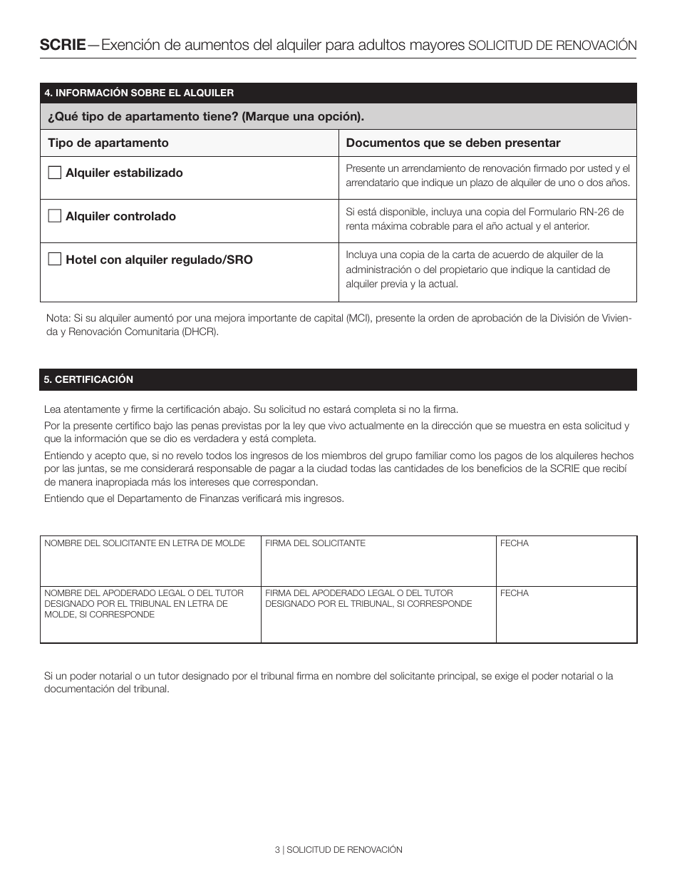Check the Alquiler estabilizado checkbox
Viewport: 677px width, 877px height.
(54, 173)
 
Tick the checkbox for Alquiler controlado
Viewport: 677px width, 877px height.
(54, 216)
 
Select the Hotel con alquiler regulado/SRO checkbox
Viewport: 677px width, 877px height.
(54, 260)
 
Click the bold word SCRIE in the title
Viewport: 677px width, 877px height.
(62, 45)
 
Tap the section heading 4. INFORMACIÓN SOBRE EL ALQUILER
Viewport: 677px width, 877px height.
(139, 93)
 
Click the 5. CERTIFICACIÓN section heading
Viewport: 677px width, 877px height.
(89, 379)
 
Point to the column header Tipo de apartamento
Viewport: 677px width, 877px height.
(108, 143)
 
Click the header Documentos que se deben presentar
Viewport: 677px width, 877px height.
(453, 143)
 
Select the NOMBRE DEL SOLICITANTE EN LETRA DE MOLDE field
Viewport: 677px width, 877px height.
(150, 567)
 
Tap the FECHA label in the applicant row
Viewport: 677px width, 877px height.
(515, 543)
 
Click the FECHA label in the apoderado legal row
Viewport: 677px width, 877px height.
(515, 593)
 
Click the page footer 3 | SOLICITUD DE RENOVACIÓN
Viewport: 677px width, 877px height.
(338, 850)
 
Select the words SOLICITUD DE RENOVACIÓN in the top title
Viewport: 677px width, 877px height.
(552, 46)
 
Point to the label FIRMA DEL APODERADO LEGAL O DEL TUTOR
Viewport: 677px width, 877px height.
(358, 593)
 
